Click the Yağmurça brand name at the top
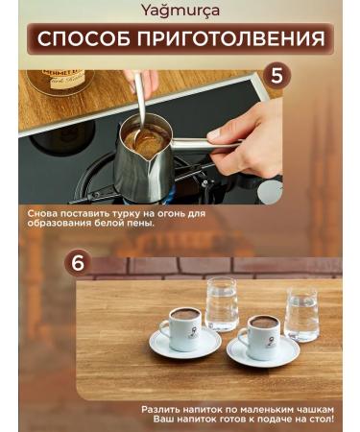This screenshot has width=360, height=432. [180, 11]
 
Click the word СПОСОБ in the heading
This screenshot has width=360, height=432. [84, 38]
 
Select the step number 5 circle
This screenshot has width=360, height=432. [276, 76]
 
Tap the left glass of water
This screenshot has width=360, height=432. [222, 304]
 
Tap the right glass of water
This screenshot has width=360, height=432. [301, 315]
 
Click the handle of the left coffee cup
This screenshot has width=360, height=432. [164, 329]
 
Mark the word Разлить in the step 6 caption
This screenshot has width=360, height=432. [160, 410]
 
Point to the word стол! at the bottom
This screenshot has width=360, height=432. [321, 420]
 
